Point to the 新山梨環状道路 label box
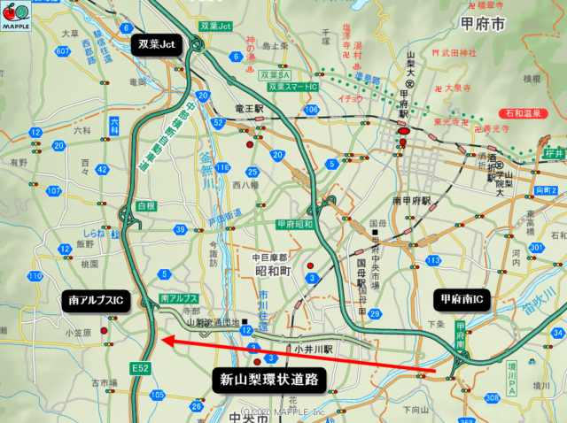tap(268, 381)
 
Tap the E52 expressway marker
tap(140, 365)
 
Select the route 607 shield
tap(62, 51)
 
